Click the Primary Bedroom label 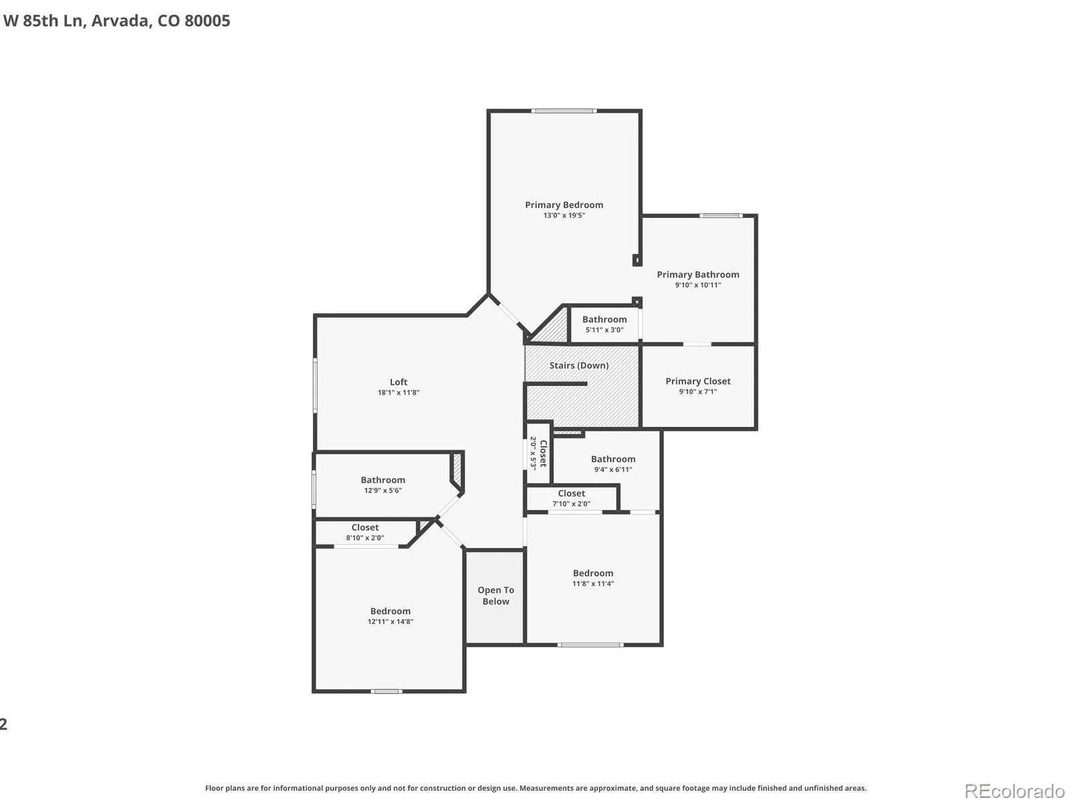tap(563, 205)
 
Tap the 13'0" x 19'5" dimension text tap(563, 215)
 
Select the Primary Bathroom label tap(697, 275)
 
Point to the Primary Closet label tap(697, 381)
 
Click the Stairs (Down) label tap(579, 366)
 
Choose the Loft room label tap(398, 382)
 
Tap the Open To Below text tap(496, 596)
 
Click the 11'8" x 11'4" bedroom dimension tap(593, 584)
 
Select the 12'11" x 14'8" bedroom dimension tap(390, 622)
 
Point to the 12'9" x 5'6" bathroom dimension tap(383, 490)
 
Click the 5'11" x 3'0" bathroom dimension tap(604, 330)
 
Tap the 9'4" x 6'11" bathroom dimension tap(613, 469)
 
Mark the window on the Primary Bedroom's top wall tap(563, 111)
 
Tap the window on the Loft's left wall tap(315, 385)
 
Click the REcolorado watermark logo tap(1014, 791)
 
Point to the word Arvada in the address tap(119, 21)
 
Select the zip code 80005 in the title tap(207, 21)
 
